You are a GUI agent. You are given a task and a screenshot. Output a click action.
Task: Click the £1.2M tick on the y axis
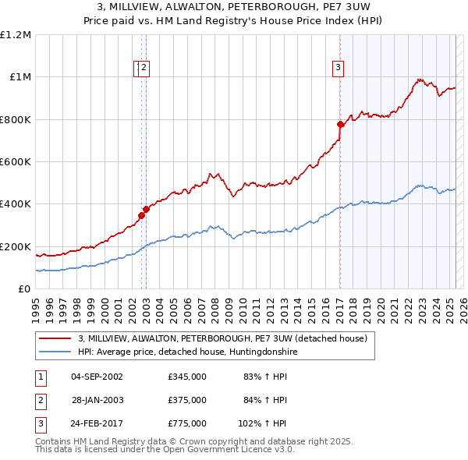pos(16,35)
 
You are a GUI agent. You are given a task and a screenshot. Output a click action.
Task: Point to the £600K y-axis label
pos(16,162)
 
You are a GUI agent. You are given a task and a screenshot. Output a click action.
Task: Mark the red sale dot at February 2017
pos(340,125)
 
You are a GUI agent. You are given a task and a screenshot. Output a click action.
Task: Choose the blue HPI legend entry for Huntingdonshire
pos(187,352)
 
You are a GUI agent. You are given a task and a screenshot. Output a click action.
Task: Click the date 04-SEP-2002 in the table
pos(97,377)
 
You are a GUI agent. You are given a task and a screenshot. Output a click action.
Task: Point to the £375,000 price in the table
pos(187,400)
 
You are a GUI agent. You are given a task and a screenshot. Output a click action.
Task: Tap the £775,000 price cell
pos(187,423)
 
